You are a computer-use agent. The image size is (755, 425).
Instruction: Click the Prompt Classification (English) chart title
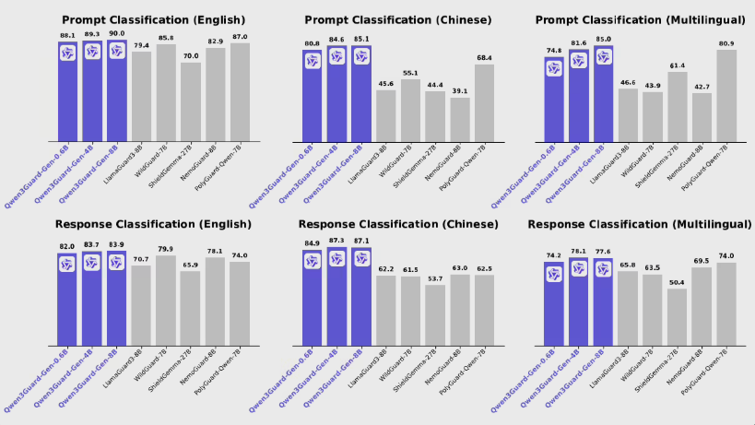pos(153,19)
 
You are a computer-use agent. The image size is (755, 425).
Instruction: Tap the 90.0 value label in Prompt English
pos(117,33)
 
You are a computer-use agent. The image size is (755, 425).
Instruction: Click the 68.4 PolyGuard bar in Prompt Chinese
pos(484,102)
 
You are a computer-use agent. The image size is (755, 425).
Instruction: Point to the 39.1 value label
pos(459,90)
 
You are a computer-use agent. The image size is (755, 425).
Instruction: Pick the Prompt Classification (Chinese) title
pos(397,19)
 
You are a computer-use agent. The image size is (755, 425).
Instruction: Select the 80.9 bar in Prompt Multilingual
pos(726,94)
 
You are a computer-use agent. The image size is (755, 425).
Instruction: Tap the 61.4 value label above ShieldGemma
pos(678,65)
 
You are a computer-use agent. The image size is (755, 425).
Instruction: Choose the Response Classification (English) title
pos(153,224)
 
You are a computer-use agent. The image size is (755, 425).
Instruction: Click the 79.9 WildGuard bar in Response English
pos(166,301)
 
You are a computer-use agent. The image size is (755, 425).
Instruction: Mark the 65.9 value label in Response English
pos(191,265)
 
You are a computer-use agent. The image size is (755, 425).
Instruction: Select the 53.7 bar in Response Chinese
pos(434,315)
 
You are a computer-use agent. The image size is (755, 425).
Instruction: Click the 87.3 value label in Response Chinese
pos(360,241)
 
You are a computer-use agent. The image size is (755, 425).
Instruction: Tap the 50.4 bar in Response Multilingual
pos(678,317)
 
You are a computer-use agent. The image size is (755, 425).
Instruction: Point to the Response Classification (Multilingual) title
pos(641,224)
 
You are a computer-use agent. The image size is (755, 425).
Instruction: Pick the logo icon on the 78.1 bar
pos(579,268)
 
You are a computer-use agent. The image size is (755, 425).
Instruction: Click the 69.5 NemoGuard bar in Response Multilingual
pos(702,307)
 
